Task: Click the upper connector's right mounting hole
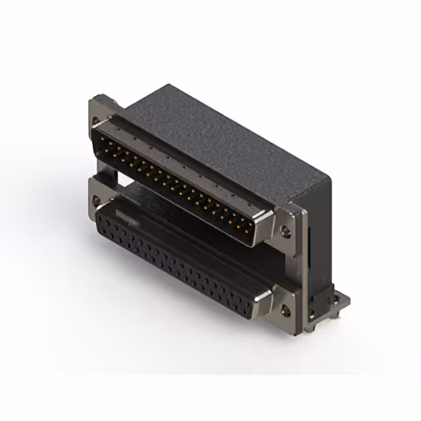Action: pyautogui.click(x=285, y=230)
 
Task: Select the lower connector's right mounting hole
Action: pyautogui.click(x=285, y=307)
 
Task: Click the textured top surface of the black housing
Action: pyautogui.click(x=217, y=132)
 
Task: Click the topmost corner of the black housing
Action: pyautogui.click(x=170, y=86)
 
